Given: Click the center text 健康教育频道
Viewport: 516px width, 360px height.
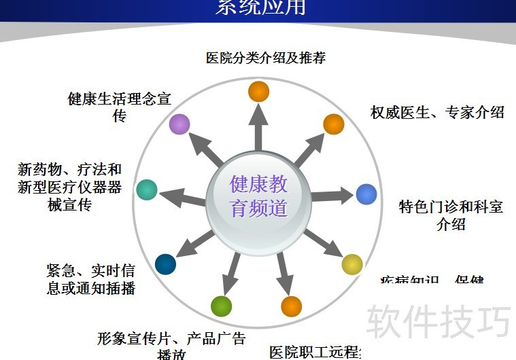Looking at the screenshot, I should click(x=258, y=196).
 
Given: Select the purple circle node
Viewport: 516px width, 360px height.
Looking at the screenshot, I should click(x=179, y=124).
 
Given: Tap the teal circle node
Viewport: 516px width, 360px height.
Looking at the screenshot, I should click(x=147, y=190).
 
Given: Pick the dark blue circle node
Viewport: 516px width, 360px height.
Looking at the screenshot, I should click(x=165, y=264).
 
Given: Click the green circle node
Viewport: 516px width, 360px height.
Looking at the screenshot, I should click(x=221, y=307).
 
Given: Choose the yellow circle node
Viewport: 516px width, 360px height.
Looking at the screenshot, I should click(x=351, y=264).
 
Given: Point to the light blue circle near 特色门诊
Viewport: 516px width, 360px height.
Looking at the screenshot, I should click(x=366, y=194).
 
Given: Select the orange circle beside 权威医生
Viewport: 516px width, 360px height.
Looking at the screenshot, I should click(x=333, y=124).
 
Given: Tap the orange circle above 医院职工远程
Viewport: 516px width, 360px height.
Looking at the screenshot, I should click(x=291, y=307).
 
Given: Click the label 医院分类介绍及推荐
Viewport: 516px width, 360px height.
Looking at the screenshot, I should click(x=266, y=58).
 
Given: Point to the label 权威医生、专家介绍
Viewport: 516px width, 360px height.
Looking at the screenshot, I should click(x=437, y=112).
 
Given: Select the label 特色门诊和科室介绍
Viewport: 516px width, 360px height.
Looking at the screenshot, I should click(x=451, y=215).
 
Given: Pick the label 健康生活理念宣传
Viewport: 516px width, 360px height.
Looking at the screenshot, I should click(x=120, y=107).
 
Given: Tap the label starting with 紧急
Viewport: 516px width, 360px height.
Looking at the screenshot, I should click(x=90, y=279).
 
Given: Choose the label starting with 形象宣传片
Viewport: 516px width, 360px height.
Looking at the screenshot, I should click(x=171, y=344).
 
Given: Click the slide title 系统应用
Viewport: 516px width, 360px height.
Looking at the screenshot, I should click(x=260, y=7).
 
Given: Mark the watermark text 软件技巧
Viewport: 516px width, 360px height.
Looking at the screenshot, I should click(x=438, y=321).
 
